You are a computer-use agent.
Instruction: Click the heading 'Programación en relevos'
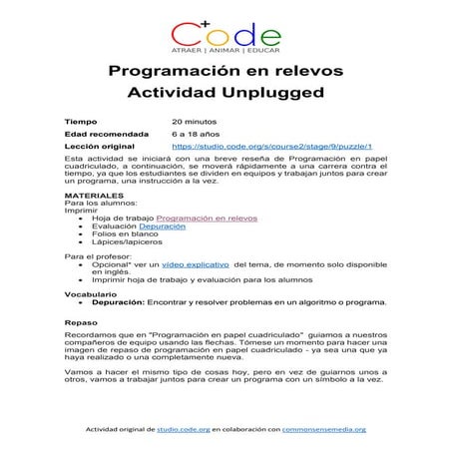tap(226, 72)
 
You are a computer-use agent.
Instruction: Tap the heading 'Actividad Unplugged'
tap(226, 95)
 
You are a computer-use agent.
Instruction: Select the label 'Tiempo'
tap(81, 120)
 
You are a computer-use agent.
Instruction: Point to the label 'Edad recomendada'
tap(106, 133)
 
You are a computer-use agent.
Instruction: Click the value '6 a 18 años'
tap(195, 133)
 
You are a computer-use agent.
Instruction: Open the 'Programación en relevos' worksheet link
tap(207, 218)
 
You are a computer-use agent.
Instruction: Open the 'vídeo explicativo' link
tap(195, 264)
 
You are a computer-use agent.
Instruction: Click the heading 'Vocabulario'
tap(91, 294)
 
